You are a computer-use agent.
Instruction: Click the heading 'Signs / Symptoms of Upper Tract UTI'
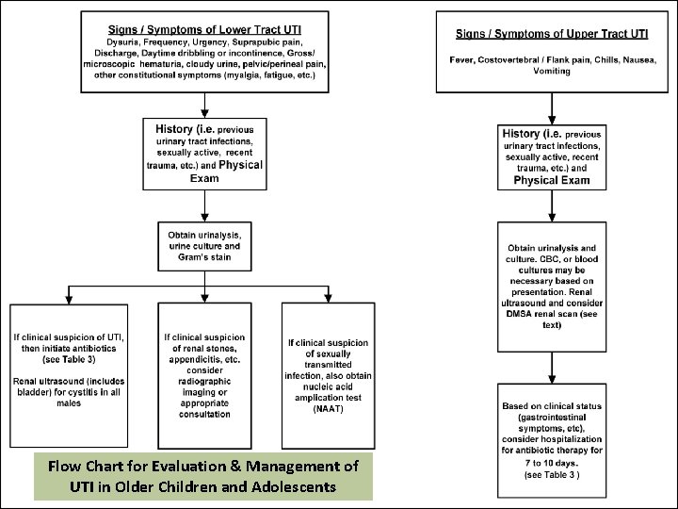[551, 34]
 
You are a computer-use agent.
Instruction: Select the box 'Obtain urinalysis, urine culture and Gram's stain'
[204, 245]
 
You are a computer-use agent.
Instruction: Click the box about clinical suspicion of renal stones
[204, 375]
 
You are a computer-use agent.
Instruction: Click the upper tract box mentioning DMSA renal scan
[552, 286]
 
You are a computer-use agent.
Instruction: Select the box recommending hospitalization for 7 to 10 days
[552, 442]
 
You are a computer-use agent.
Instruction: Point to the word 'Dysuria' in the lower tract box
[125, 42]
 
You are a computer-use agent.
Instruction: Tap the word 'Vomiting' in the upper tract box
[551, 72]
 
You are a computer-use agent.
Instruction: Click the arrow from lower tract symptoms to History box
[204, 105]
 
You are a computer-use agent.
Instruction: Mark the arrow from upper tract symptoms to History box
[552, 108]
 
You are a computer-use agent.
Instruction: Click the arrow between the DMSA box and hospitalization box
[552, 371]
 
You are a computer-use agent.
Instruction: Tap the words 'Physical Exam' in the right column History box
[551, 180]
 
